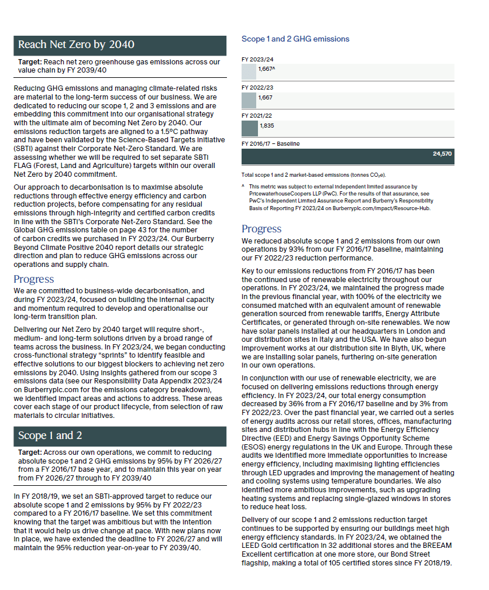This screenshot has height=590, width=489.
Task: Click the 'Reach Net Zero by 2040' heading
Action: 76,45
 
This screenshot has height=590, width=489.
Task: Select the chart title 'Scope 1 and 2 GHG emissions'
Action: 295,39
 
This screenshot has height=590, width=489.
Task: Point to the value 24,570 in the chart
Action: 442,155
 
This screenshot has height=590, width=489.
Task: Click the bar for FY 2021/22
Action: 249,128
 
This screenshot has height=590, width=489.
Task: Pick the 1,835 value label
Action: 266,126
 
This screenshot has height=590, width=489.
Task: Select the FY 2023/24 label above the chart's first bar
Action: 257,59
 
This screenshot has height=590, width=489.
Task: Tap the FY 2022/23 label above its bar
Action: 257,87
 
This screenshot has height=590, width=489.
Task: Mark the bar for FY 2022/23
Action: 249,100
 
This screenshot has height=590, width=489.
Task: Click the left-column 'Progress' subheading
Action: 34,279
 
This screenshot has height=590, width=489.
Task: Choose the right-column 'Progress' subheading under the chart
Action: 261,229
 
